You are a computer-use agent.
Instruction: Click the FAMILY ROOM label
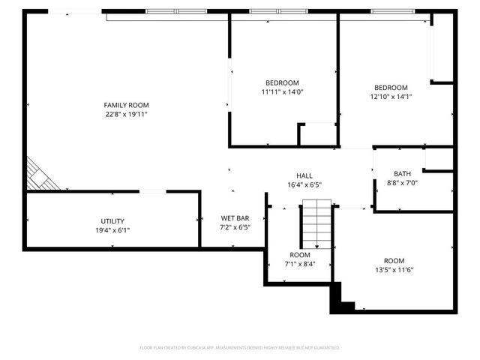point(126,105)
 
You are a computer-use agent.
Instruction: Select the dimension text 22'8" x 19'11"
point(126,115)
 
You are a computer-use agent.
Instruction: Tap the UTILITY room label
point(112,220)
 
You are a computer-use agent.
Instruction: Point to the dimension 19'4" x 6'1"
point(112,230)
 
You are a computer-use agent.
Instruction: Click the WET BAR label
point(234,217)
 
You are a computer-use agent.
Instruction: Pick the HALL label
point(304,175)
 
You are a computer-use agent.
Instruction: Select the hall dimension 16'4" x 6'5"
point(304,184)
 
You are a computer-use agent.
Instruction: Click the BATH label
point(402,173)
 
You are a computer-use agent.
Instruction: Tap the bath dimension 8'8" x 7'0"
point(402,183)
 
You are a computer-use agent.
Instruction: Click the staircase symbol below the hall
point(316,225)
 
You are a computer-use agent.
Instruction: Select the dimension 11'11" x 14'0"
point(282,92)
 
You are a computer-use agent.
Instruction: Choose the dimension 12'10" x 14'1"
point(391,96)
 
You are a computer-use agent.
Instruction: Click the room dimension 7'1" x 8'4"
point(299,264)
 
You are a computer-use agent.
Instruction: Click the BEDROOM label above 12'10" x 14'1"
point(391,87)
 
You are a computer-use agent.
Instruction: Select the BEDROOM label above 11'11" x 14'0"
point(282,82)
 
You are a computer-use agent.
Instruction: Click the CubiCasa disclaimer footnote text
point(240,348)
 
